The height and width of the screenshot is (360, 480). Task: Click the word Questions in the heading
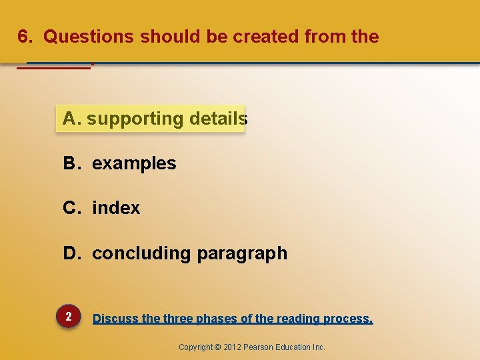coord(89,37)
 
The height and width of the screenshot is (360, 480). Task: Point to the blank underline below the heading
coord(53,67)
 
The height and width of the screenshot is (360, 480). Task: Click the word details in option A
coord(218,119)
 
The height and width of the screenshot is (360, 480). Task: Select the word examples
coord(134,164)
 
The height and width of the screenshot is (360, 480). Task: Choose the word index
coord(116,208)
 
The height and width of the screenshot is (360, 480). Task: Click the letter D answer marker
coord(71,253)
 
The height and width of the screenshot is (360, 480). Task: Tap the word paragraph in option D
coord(242,254)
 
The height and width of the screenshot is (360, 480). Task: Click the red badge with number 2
coord(69,317)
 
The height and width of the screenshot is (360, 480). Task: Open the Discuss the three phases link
coord(233,319)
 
